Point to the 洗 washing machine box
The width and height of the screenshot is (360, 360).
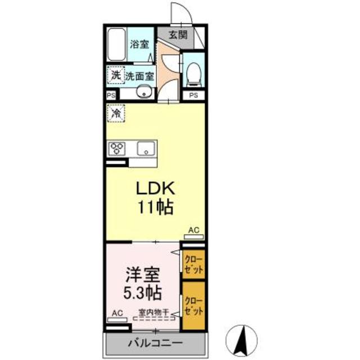pyautogui.click(x=115, y=75)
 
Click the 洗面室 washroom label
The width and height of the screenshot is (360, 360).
pyautogui.click(x=139, y=75)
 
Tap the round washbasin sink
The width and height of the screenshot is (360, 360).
pyautogui.click(x=144, y=92)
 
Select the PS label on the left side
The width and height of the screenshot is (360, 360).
pyautogui.click(x=111, y=96)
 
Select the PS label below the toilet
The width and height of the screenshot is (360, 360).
pyautogui.click(x=193, y=96)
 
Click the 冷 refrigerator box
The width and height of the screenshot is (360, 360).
pyautogui.click(x=116, y=114)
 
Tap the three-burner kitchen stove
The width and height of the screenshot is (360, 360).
pyautogui.click(x=118, y=148)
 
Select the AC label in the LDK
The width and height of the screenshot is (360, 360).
pyautogui.click(x=193, y=230)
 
